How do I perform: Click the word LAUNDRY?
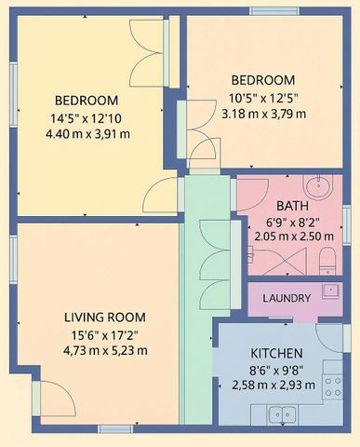point(287,298)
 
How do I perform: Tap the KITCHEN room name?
point(276,354)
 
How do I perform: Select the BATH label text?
point(292,206)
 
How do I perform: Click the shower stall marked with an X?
point(264,264)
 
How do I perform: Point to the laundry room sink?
point(327,290)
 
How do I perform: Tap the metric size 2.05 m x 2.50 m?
point(293,237)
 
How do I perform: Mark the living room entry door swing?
point(55,400)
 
